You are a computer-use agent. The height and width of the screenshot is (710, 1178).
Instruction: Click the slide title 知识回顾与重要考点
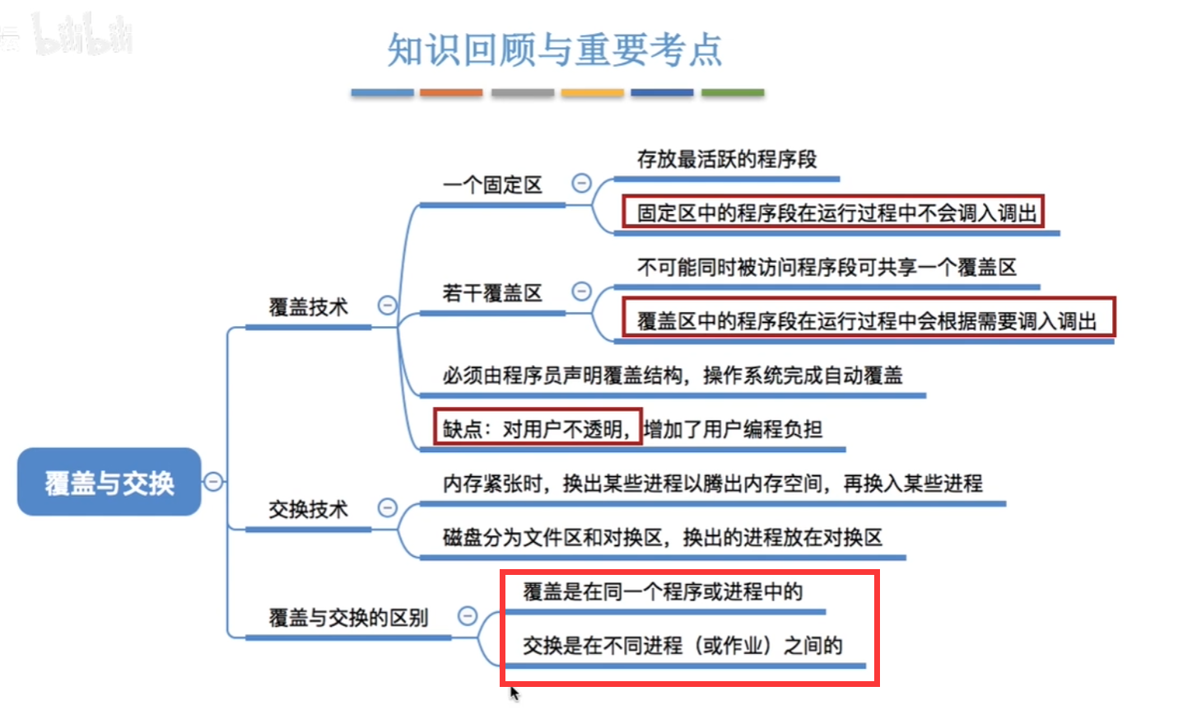(554, 49)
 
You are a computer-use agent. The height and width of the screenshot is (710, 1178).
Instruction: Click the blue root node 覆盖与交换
(109, 483)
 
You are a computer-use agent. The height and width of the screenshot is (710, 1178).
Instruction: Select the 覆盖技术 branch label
(308, 307)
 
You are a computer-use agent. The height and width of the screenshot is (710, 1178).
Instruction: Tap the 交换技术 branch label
(308, 509)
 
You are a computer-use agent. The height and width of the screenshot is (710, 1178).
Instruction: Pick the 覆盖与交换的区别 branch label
(348, 617)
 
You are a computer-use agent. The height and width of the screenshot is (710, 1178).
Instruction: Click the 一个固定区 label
(492, 185)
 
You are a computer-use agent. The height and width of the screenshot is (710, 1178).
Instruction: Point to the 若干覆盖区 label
(492, 292)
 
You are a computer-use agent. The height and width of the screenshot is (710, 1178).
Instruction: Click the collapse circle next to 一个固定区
(581, 183)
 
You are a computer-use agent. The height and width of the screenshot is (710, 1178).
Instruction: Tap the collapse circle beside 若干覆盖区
(581, 291)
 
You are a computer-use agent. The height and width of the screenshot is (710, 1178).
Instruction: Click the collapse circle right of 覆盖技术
(387, 306)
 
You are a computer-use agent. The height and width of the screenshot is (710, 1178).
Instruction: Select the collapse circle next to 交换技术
(387, 507)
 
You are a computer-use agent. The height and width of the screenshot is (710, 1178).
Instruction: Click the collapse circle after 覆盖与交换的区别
(467, 615)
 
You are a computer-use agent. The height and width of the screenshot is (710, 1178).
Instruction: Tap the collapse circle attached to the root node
(213, 481)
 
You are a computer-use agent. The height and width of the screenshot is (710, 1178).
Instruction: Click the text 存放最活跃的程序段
(726, 159)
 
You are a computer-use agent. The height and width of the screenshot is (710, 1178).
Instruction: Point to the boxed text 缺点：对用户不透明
(538, 428)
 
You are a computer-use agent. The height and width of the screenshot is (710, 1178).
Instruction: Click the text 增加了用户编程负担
(733, 428)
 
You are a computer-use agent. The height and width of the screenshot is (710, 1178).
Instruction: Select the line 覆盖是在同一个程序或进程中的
(662, 591)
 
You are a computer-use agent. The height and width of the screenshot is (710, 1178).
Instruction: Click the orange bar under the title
(451, 93)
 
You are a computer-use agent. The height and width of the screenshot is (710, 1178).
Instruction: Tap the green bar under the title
(733, 93)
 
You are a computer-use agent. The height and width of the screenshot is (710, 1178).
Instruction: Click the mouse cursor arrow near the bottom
(514, 693)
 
